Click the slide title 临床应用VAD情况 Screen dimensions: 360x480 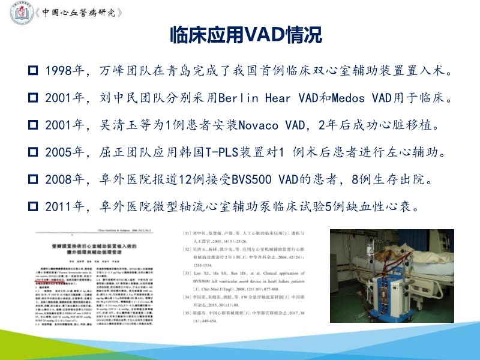(246, 35)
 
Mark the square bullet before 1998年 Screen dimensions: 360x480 (34, 71)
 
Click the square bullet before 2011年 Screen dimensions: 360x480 (34, 206)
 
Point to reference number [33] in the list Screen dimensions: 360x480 (186, 274)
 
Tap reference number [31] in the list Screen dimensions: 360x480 (186, 232)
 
